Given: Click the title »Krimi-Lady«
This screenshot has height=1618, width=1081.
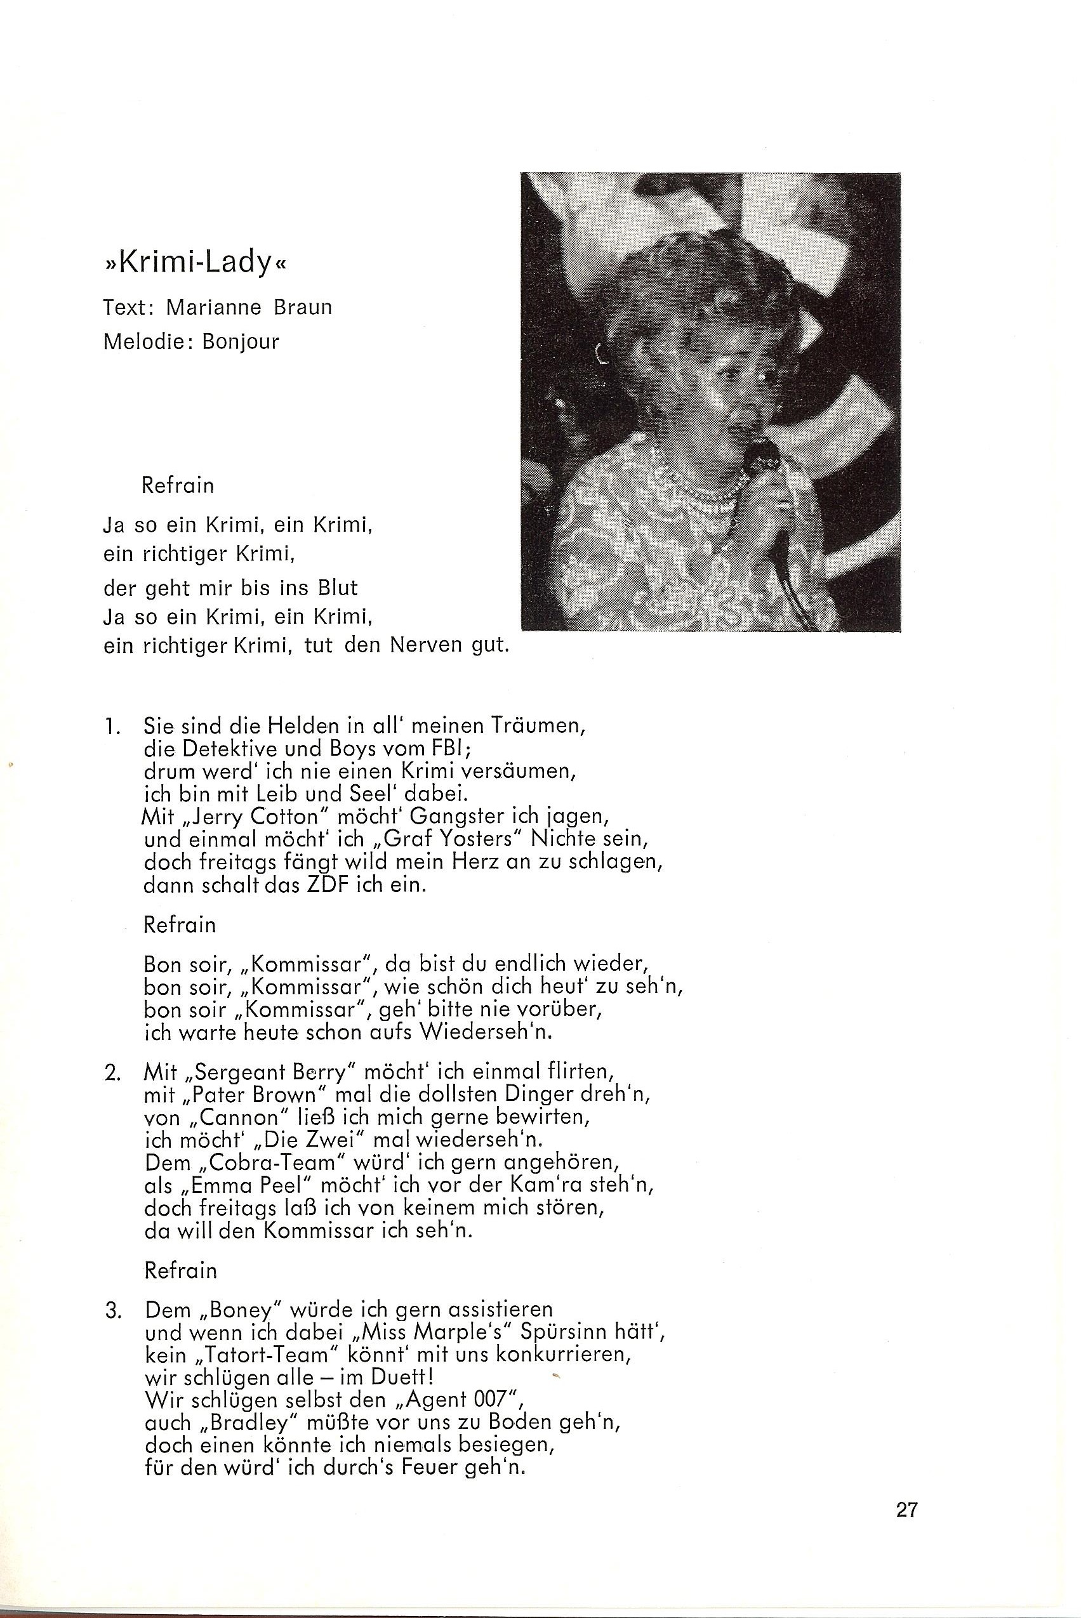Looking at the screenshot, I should tap(194, 265).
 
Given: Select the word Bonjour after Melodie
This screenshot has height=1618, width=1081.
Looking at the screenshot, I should tap(241, 342).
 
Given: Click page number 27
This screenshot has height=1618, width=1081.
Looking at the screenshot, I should tap(906, 1523).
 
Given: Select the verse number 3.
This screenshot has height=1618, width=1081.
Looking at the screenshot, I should tap(113, 1310).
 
